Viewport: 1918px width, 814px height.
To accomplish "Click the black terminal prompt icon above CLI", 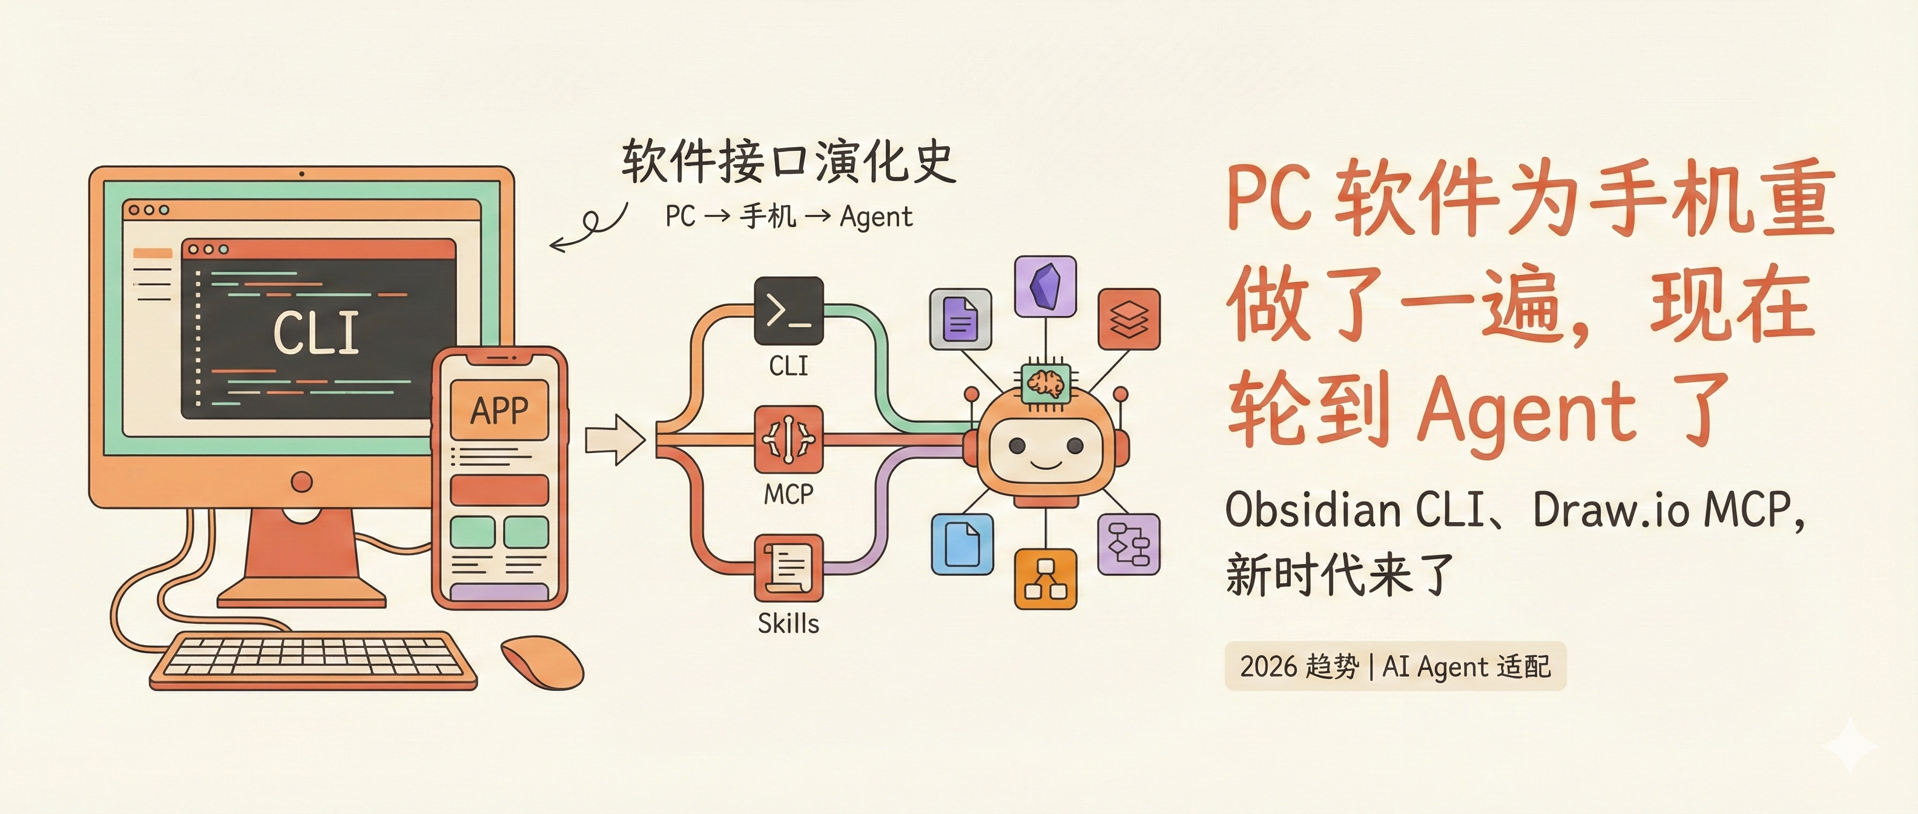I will pyautogui.click(x=788, y=311).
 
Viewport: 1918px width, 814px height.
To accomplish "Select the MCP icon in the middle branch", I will pyautogui.click(x=788, y=438).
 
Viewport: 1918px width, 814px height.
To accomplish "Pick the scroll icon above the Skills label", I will pyautogui.click(x=788, y=567).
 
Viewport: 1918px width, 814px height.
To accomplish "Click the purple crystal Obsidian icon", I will pyautogui.click(x=1046, y=286).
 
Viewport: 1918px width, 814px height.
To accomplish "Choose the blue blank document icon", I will pyautogui.click(x=962, y=544).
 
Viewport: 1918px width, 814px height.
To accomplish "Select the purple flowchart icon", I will pyautogui.click(x=1129, y=544).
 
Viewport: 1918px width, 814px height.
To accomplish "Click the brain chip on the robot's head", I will pyautogui.click(x=1046, y=383).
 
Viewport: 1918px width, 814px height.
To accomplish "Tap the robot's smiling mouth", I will pyautogui.click(x=1046, y=466).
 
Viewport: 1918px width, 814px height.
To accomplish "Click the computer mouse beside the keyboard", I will pyautogui.click(x=542, y=661).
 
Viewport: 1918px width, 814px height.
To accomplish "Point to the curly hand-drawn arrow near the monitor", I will pyautogui.click(x=590, y=227).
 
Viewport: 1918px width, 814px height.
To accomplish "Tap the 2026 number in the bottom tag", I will pyautogui.click(x=1268, y=666).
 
